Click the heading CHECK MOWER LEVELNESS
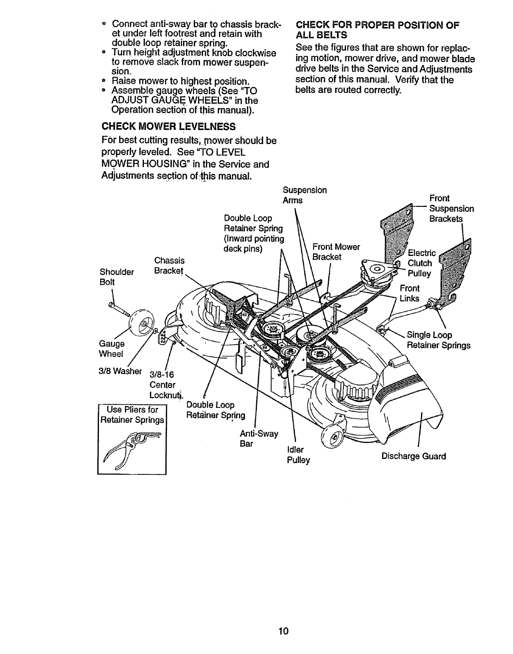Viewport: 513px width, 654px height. pos(168,126)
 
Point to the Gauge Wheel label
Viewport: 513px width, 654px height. pos(111,349)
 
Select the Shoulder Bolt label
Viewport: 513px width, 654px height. pos(117,277)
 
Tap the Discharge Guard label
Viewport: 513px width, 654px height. pos(414,456)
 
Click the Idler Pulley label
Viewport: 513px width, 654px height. pos(298,455)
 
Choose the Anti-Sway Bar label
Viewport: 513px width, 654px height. pos(259,439)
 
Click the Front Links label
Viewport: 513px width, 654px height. pos(409,293)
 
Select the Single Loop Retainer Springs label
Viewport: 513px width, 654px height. pos(438,340)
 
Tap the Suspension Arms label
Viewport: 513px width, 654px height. pos(304,195)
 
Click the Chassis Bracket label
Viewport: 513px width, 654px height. pos(169,265)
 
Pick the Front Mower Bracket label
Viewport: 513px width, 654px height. pos(336,252)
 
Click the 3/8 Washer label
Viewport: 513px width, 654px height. pos(120,371)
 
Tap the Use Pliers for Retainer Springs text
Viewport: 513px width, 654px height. pos(132,415)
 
